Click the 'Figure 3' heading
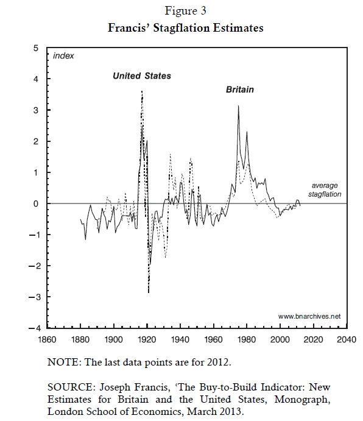185,11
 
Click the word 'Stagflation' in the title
181,28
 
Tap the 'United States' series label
142,76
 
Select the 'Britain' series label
240,90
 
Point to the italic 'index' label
63,55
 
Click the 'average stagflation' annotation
325,190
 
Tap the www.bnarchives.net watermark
309,316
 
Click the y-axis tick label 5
36,48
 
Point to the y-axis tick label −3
34,297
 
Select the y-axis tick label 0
36,203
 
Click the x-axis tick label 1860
48,339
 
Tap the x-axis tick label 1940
180,339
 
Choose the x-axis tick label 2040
347,339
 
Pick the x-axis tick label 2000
280,339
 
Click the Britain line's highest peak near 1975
238,106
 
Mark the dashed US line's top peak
142,91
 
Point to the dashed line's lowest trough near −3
149,292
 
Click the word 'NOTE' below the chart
63,362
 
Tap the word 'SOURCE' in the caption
71,387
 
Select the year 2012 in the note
218,362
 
